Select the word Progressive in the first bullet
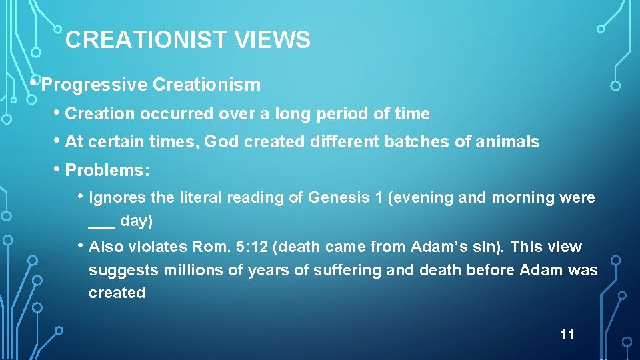click(94, 85)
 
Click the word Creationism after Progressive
click(207, 85)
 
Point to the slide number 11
click(567, 334)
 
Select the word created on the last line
click(117, 293)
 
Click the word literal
click(199, 198)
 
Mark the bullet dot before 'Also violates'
click(81, 245)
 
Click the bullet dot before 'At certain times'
click(57, 141)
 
